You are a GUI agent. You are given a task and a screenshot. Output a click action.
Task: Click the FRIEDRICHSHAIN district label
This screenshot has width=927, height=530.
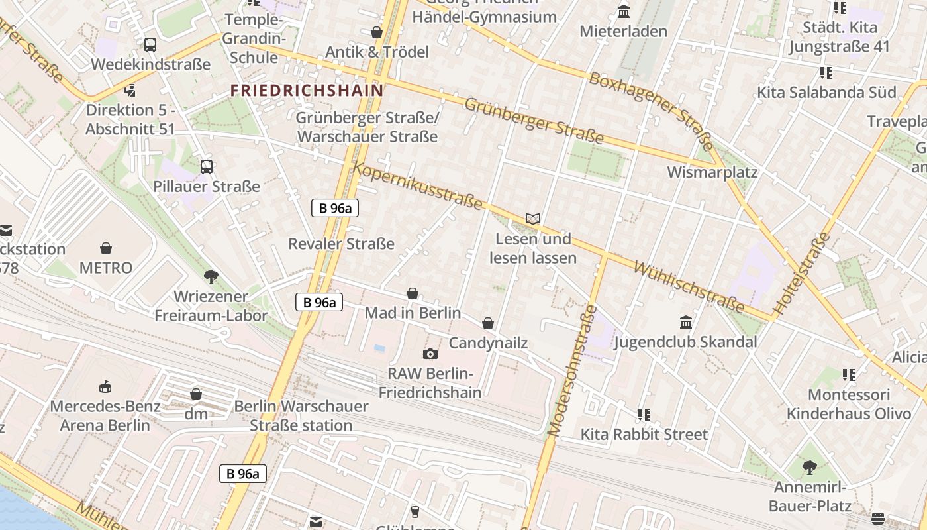tap(307, 90)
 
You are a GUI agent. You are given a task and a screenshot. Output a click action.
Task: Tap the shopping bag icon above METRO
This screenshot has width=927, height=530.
tap(106, 248)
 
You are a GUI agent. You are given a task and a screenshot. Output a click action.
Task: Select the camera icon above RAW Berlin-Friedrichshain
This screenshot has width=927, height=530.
tap(430, 354)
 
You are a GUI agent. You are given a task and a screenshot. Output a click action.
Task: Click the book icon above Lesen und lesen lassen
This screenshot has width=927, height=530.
tap(533, 219)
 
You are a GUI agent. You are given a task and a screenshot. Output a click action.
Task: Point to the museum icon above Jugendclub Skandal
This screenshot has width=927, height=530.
tap(686, 323)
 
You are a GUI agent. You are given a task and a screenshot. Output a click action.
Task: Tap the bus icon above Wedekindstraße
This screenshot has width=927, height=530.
tap(150, 45)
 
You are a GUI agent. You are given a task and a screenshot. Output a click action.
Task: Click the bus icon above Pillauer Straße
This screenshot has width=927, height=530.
tap(207, 167)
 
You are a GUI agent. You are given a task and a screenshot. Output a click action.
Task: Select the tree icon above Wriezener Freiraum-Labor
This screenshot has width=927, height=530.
tap(211, 276)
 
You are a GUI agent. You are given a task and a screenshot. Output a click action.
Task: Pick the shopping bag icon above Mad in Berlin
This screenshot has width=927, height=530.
tap(413, 293)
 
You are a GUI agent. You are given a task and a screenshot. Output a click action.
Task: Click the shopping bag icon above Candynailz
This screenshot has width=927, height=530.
tap(488, 323)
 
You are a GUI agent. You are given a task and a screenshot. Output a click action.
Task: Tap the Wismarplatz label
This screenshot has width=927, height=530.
tap(712, 172)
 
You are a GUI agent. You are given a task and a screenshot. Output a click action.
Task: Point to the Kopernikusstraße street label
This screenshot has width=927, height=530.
tap(418, 186)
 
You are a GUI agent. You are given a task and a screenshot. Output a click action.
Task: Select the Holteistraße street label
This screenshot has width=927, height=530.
tap(802, 273)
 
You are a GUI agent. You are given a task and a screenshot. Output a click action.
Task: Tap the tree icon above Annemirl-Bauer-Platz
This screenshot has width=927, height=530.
tap(809, 468)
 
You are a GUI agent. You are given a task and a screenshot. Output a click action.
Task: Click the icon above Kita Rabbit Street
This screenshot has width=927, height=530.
tap(644, 415)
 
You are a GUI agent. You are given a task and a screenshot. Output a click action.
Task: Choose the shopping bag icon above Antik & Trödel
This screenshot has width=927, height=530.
tap(377, 32)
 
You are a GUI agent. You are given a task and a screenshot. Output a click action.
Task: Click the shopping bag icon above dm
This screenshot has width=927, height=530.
tap(196, 395)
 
